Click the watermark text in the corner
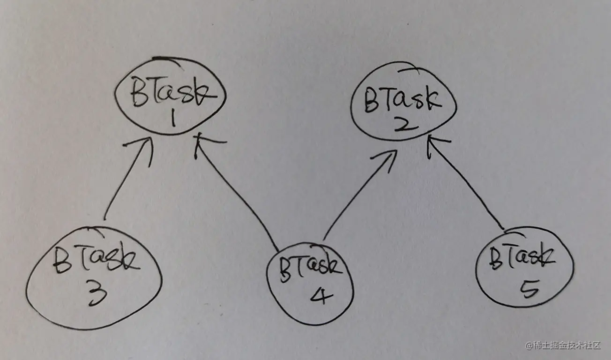pyautogui.click(x=563, y=345)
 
